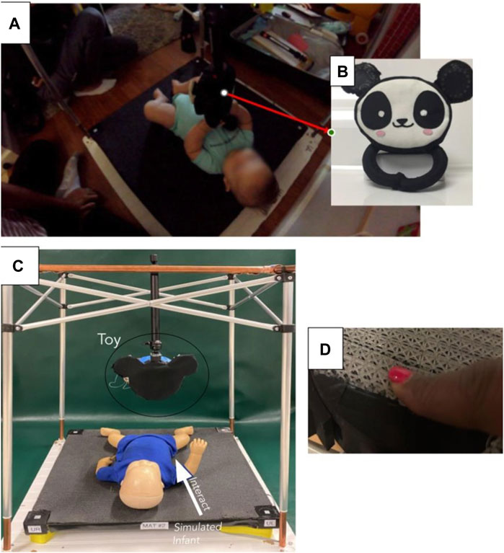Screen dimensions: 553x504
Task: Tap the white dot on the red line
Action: pos(224,92)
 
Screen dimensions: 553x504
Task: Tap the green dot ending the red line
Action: pos(331,133)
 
